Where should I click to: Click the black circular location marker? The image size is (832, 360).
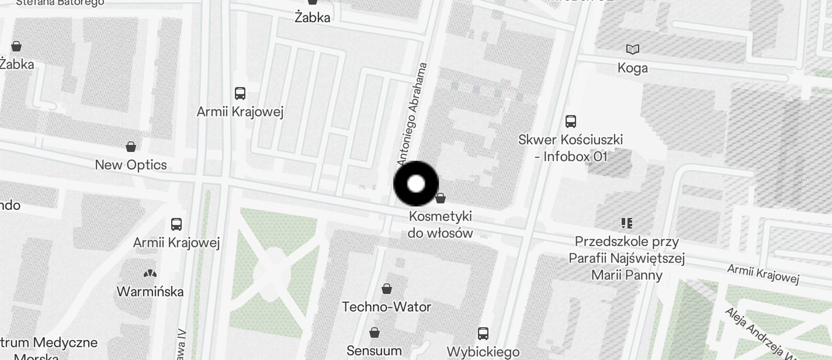tap(416, 184)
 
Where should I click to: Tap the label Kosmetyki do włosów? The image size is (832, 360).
tap(441, 224)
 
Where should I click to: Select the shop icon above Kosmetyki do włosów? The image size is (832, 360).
tap(441, 199)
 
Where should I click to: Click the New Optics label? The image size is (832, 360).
tap(131, 165)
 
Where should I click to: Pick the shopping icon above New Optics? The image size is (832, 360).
tap(131, 146)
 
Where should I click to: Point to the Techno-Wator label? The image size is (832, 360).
tap(386, 307)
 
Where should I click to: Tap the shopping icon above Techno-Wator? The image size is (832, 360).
tap(386, 289)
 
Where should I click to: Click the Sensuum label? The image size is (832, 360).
tap(374, 351)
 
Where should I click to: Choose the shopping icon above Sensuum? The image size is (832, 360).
tap(374, 333)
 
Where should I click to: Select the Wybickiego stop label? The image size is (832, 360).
tap(483, 352)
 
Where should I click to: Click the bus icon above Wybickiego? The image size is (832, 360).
tap(483, 334)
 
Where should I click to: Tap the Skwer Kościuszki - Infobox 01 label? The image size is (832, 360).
tap(570, 148)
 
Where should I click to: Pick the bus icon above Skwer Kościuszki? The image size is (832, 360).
tap(571, 122)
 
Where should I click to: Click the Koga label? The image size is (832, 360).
tap(633, 68)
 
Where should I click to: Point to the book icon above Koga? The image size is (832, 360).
tap(633, 50)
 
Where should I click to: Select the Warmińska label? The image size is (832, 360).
tap(150, 291)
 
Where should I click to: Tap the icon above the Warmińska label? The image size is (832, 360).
tap(150, 273)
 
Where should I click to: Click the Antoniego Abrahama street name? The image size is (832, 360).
tap(412, 113)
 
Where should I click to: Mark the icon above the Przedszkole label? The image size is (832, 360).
tap(627, 223)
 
